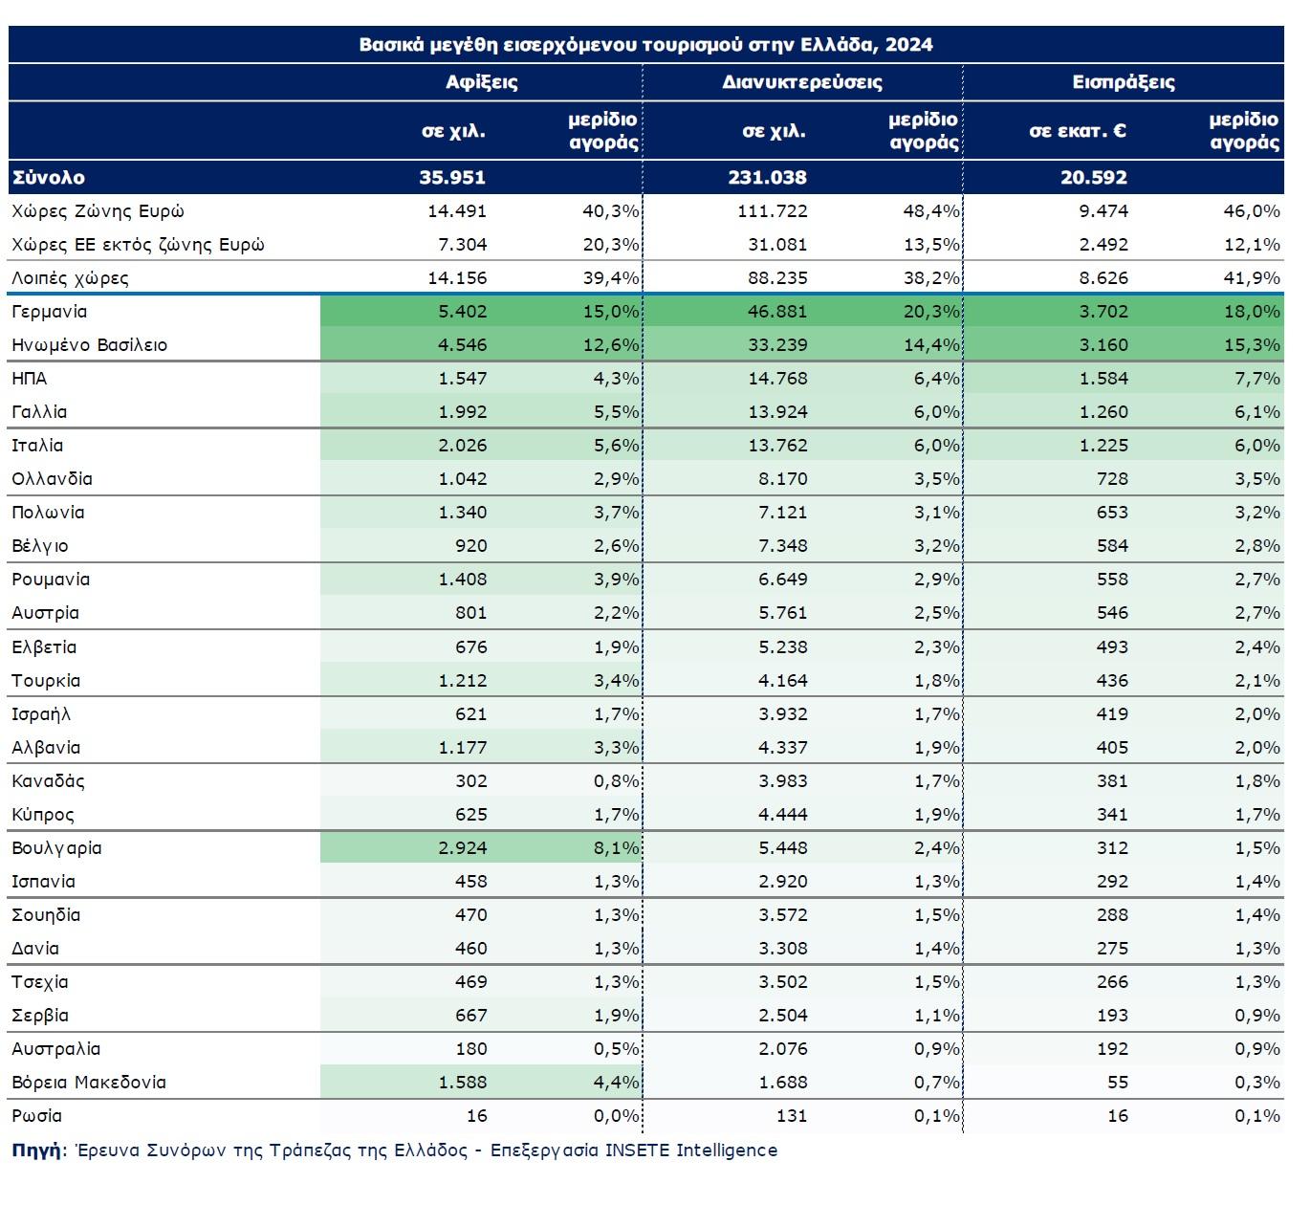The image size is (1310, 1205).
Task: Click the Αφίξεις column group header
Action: coord(481,82)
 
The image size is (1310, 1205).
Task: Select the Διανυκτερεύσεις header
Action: coord(802,82)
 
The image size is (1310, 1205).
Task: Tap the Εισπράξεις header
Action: coord(1124,82)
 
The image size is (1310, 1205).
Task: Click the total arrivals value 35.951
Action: coord(452,177)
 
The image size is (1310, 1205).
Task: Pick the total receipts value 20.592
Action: coord(1094,177)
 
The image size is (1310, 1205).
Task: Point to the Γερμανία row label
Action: coord(49,312)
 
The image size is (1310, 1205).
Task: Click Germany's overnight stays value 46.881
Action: coord(777,312)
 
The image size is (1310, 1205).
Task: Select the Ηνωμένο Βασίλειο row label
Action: coord(90,345)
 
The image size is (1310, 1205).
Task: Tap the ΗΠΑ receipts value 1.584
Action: coord(1103,378)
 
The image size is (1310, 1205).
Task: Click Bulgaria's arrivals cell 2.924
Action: coord(463,847)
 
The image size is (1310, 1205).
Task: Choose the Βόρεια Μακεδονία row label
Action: coord(89,1083)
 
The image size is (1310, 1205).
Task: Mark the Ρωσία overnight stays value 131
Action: coord(792,1115)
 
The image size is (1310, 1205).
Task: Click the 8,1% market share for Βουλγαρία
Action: coord(617,847)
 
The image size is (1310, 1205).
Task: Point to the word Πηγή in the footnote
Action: coord(36,1150)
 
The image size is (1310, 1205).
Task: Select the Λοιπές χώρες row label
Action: coord(70,278)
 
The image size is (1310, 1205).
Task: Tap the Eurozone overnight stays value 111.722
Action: coord(772,211)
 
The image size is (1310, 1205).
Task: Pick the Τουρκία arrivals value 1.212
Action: coord(463,681)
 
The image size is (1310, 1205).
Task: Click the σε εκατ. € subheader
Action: coord(1078,131)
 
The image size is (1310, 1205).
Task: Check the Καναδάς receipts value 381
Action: coord(1112,781)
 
